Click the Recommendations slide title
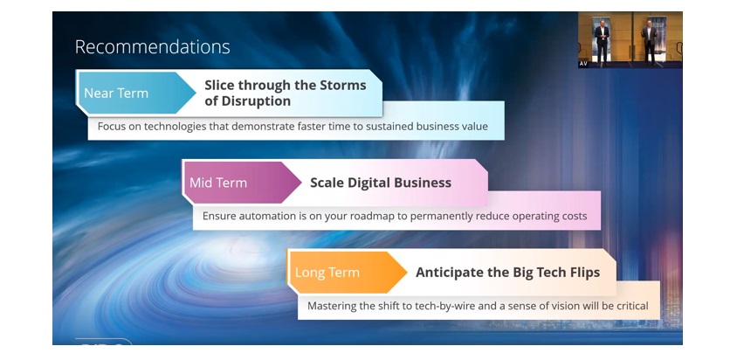(152, 46)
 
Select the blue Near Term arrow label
(135, 93)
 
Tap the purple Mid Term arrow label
(242, 183)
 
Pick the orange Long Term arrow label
(348, 273)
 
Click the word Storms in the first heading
(342, 85)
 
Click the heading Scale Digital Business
(381, 183)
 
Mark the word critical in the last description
(631, 306)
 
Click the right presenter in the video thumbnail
(650, 41)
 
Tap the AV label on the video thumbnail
(583, 64)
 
